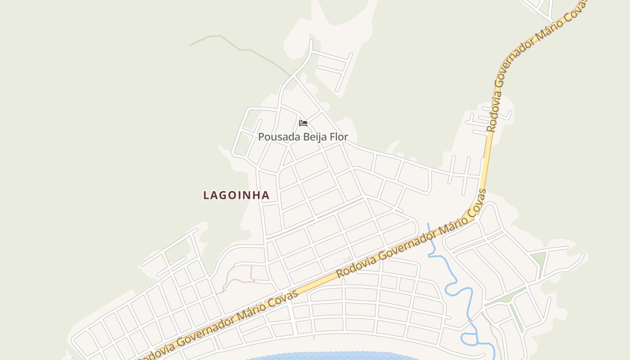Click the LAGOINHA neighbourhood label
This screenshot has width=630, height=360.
(236, 195)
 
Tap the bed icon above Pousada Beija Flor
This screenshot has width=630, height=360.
(303, 123)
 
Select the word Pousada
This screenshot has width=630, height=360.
(275, 136)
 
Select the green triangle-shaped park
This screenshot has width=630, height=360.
(538, 259)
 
